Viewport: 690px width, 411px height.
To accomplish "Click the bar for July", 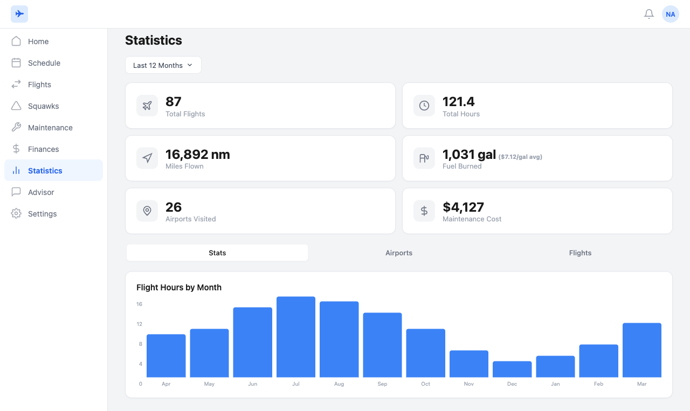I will pyautogui.click(x=296, y=337).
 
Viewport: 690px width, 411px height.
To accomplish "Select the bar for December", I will pyautogui.click(x=512, y=369).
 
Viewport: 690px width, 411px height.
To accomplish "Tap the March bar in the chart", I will pyautogui.click(x=641, y=350).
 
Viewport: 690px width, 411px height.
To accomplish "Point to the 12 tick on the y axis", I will pyautogui.click(x=140, y=324).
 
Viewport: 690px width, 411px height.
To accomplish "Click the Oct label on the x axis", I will pyautogui.click(x=425, y=384).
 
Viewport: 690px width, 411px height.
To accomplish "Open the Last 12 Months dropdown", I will pyautogui.click(x=163, y=65).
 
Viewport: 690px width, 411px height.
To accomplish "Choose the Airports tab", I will pyautogui.click(x=399, y=253).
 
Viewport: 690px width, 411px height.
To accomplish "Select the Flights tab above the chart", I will pyautogui.click(x=580, y=253).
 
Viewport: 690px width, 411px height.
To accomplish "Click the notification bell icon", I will pyautogui.click(x=649, y=14).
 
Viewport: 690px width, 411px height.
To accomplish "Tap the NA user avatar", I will pyautogui.click(x=671, y=14).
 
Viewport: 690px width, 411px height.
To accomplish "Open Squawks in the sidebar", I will pyautogui.click(x=43, y=106).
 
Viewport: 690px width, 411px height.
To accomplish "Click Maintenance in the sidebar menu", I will pyautogui.click(x=50, y=128).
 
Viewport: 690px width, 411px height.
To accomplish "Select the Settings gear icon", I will pyautogui.click(x=16, y=214).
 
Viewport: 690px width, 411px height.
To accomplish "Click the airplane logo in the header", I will pyautogui.click(x=19, y=14).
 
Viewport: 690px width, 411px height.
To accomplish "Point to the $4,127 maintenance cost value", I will pyautogui.click(x=463, y=207).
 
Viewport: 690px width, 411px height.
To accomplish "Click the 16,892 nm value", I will pyautogui.click(x=197, y=155).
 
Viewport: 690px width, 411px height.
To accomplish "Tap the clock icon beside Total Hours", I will pyautogui.click(x=424, y=106).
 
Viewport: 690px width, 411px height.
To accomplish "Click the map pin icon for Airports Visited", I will pyautogui.click(x=147, y=211).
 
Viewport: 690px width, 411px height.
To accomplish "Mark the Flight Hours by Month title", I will pyautogui.click(x=179, y=288).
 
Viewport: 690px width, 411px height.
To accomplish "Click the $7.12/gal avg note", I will pyautogui.click(x=520, y=157).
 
